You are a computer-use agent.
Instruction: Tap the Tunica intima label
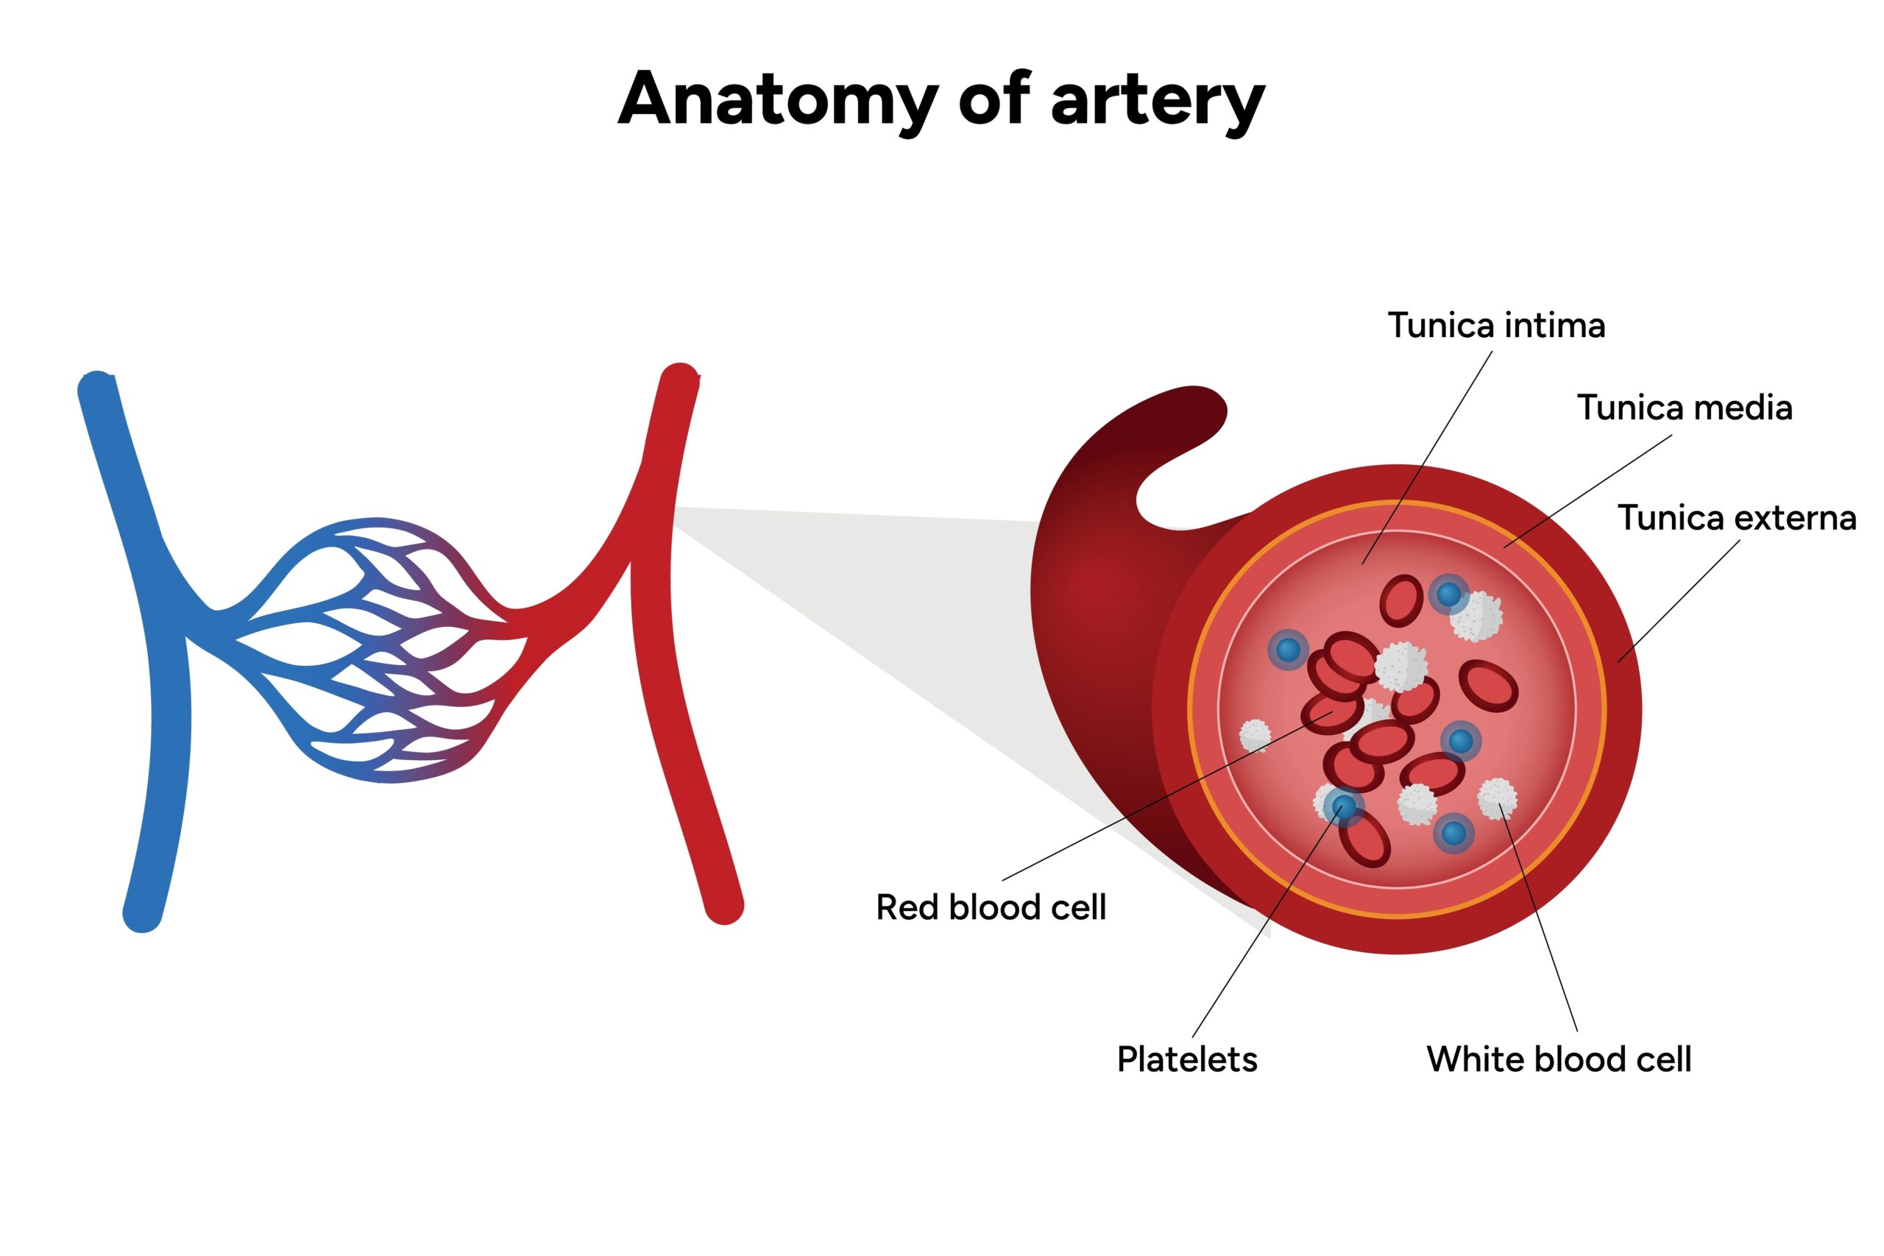tap(1495, 326)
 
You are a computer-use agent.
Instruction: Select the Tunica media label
tap(1684, 408)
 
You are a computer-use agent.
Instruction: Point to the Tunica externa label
tap(1737, 518)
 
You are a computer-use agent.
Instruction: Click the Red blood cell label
tap(990, 907)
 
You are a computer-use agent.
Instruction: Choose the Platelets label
tap(1186, 1060)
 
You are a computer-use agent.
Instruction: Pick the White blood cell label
tap(1558, 1060)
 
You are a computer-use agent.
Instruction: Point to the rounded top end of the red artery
tap(680, 379)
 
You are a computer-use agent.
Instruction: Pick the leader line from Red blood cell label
tap(1161, 797)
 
